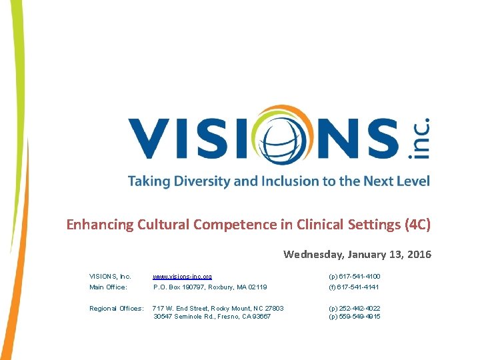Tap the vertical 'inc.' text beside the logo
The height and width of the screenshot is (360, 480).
418,138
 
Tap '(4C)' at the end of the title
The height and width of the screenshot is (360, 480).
417,224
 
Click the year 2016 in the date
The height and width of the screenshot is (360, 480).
417,254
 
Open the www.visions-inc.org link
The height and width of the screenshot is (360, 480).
183,276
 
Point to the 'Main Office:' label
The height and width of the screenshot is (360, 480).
108,287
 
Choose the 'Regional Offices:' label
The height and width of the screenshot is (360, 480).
116,309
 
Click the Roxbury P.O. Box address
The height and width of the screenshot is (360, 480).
210,287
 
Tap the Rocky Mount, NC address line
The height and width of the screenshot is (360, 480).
219,309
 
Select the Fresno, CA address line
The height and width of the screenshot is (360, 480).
212,316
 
